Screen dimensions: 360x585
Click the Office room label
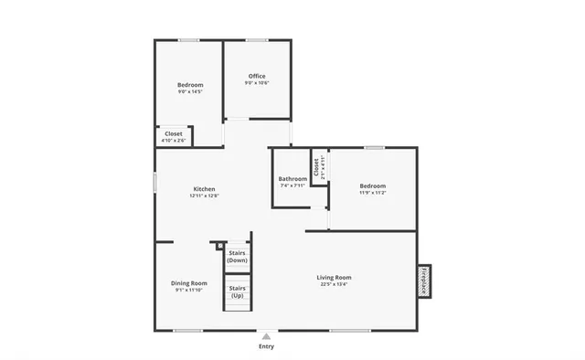click(257, 76)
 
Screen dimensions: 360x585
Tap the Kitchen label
click(204, 188)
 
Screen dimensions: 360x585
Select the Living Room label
click(334, 277)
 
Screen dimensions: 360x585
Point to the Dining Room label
click(189, 283)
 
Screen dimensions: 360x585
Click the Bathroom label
click(292, 178)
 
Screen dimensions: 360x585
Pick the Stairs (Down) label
click(237, 257)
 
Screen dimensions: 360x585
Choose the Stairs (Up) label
click(237, 292)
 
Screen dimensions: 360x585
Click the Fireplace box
click(423, 281)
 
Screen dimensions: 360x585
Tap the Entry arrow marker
click(266, 336)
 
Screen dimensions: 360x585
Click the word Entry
click(266, 347)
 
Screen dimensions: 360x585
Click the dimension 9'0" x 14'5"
click(190, 91)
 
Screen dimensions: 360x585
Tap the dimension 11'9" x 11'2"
click(372, 192)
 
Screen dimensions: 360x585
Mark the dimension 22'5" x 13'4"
click(334, 284)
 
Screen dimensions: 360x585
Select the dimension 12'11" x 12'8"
click(204, 196)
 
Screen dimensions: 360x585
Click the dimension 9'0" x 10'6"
click(257, 83)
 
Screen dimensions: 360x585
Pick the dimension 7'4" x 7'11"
click(292, 185)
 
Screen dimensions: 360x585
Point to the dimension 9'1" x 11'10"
click(189, 291)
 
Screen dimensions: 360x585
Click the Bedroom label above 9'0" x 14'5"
click(190, 85)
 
